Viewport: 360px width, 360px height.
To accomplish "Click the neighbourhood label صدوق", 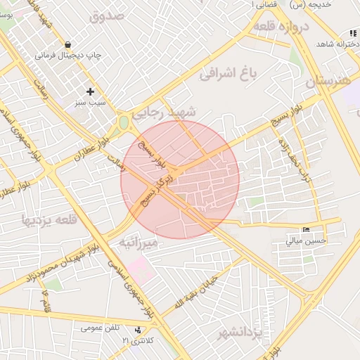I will coord(108,15).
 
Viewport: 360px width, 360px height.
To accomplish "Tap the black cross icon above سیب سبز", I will coord(90,91).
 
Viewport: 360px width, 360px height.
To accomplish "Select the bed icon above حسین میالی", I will coord(306,230).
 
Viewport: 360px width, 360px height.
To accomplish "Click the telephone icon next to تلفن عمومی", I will coord(137,328).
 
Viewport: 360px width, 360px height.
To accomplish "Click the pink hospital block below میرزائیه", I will coord(140,268).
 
